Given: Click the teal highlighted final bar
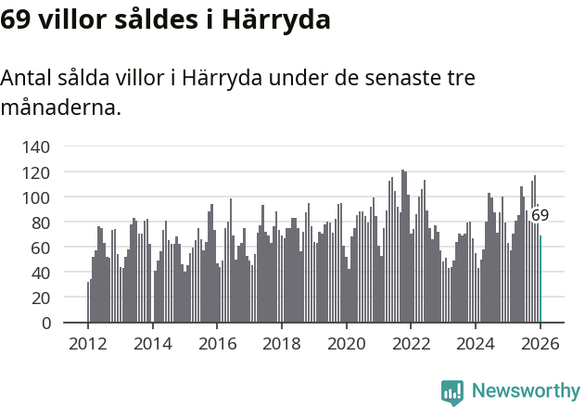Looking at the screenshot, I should (x=540, y=279).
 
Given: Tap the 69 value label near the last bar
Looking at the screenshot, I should (x=540, y=215).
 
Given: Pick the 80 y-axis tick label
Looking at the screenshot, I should (x=40, y=223).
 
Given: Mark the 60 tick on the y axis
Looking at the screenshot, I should (x=40, y=248).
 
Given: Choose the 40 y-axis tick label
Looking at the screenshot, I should (x=40, y=273).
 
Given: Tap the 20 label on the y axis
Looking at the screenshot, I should (x=40, y=299).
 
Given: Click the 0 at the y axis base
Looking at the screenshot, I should (x=45, y=324).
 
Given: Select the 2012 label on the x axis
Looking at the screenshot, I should (x=88, y=344).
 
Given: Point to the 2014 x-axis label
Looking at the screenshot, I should (x=153, y=344).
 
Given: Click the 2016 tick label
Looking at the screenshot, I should (x=217, y=344).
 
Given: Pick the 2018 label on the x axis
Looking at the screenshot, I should (x=282, y=344).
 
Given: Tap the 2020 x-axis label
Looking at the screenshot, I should (x=347, y=344).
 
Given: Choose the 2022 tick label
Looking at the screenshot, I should (x=412, y=344).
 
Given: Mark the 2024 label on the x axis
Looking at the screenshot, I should (x=476, y=344).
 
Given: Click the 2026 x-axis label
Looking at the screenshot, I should (x=540, y=344).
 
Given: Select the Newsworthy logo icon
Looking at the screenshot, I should (x=452, y=392).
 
